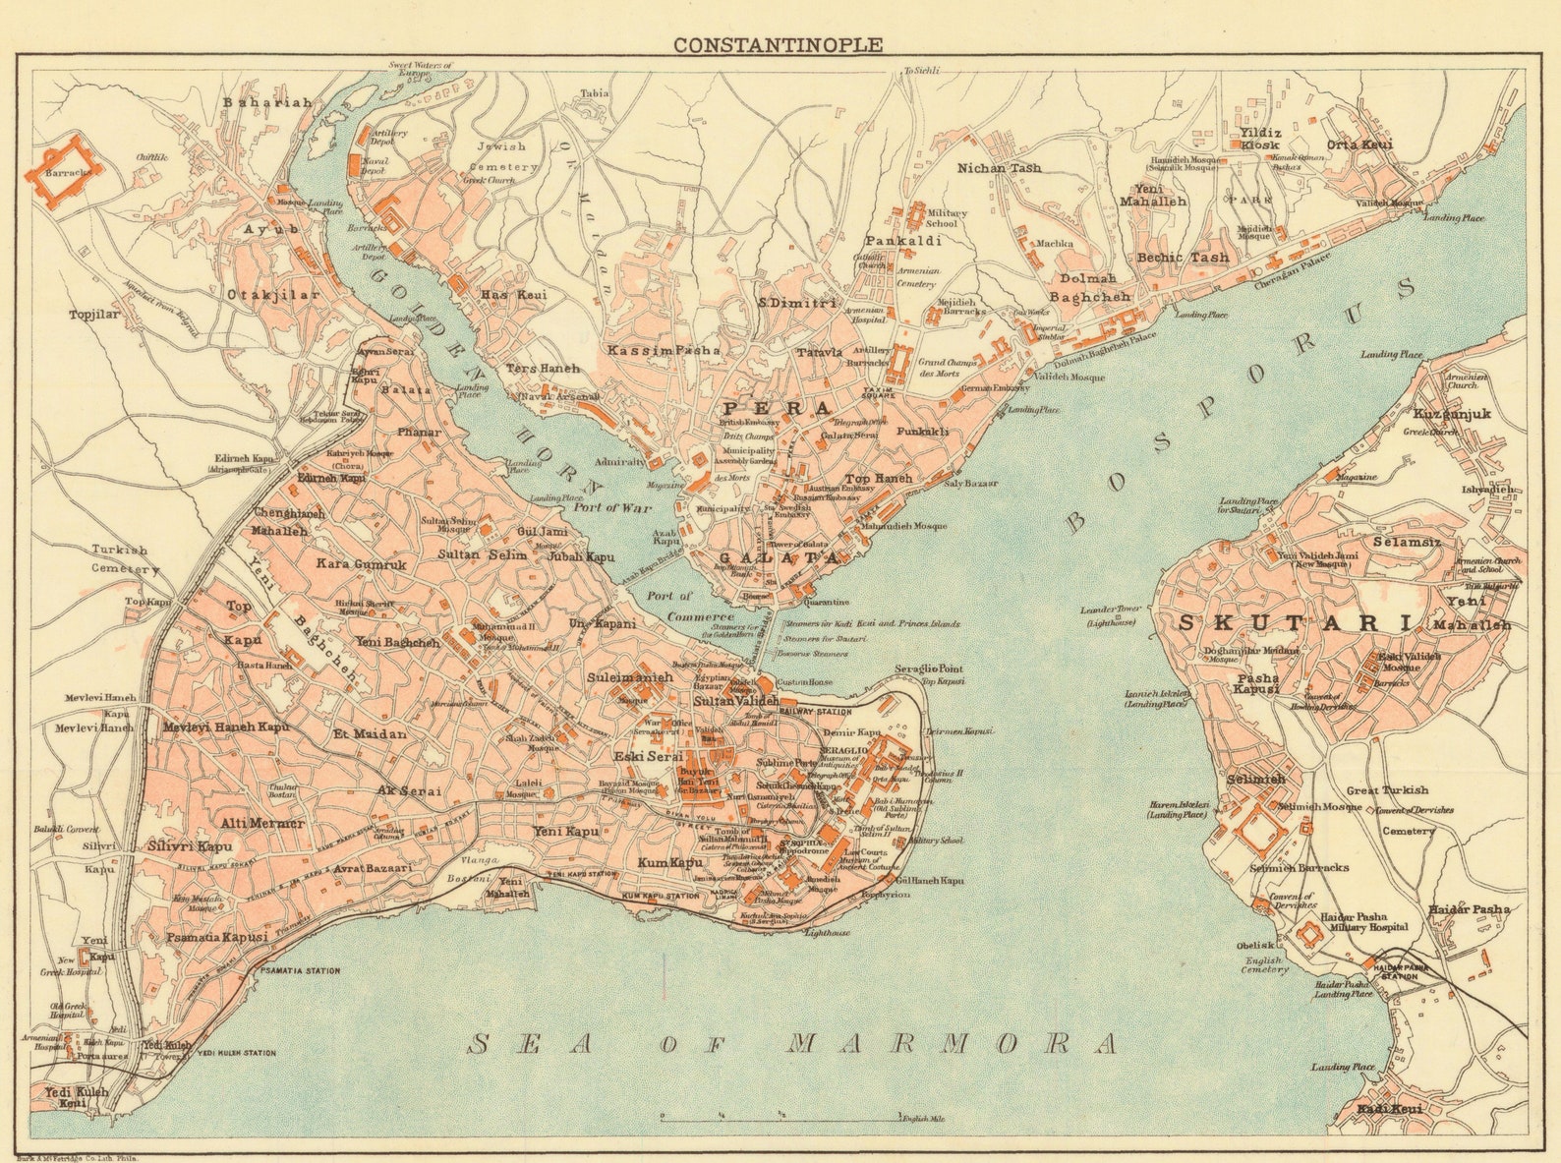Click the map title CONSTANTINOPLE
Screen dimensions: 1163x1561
pyautogui.click(x=777, y=44)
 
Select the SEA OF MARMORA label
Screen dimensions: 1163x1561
pyautogui.click(x=791, y=1044)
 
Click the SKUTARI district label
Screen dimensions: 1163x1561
pyautogui.click(x=1296, y=622)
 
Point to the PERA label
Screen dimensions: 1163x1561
pyautogui.click(x=777, y=407)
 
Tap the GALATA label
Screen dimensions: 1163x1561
pyautogui.click(x=780, y=557)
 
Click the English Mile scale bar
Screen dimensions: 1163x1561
pyautogui.click(x=781, y=1118)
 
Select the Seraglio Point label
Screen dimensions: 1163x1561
pyautogui.click(x=928, y=669)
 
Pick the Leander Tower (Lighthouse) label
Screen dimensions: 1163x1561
pyautogui.click(x=1109, y=616)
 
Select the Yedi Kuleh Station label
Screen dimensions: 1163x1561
pyautogui.click(x=236, y=1053)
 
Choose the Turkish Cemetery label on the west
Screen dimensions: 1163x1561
pyautogui.click(x=125, y=559)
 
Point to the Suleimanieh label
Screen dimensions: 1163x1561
pyautogui.click(x=630, y=677)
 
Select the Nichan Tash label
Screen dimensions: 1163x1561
pyautogui.click(x=999, y=168)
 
